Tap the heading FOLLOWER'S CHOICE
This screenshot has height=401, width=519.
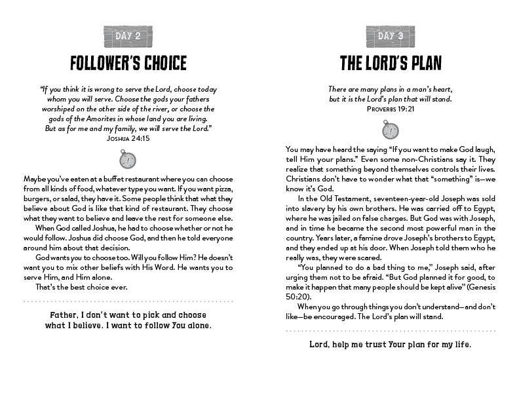click(128, 63)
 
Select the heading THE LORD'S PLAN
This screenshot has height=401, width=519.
click(391, 63)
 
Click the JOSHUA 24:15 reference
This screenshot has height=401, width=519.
click(128, 139)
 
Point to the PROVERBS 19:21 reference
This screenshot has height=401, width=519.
click(391, 109)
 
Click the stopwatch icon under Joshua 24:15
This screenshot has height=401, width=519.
click(128, 159)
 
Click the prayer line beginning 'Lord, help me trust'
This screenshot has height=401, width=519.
click(391, 345)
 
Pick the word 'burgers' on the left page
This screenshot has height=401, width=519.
click(39, 200)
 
